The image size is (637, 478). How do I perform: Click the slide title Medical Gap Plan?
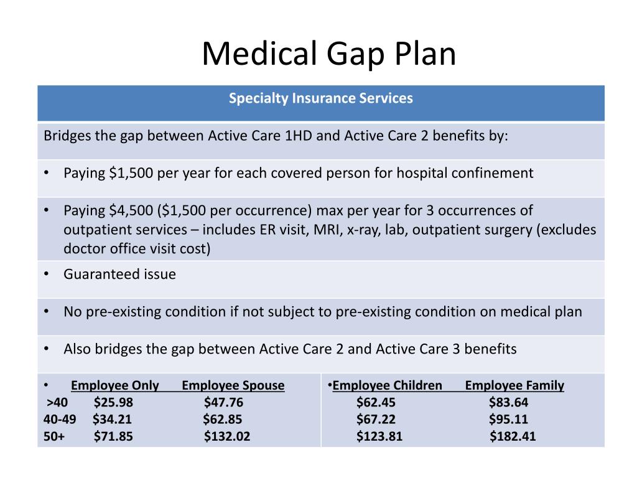point(328,54)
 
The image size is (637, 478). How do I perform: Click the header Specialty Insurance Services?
point(320,98)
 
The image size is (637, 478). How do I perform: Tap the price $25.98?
point(113,402)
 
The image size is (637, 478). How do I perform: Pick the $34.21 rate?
point(112,419)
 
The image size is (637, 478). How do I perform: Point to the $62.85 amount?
point(222,419)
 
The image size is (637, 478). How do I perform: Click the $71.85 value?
point(113,436)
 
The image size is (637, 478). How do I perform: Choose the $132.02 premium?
point(227,436)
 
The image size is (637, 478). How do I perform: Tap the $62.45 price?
point(376,402)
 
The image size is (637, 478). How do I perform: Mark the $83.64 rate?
point(508,402)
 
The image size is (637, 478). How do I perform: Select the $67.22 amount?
point(376,419)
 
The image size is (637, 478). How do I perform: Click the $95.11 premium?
point(508,419)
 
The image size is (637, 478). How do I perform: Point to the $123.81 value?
point(379,436)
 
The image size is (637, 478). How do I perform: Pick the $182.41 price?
point(513,436)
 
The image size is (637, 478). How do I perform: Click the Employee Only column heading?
point(115,385)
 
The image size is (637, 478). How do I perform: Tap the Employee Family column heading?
point(514,385)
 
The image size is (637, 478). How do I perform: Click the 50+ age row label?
point(54,436)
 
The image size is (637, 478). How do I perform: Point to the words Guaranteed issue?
point(119,274)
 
